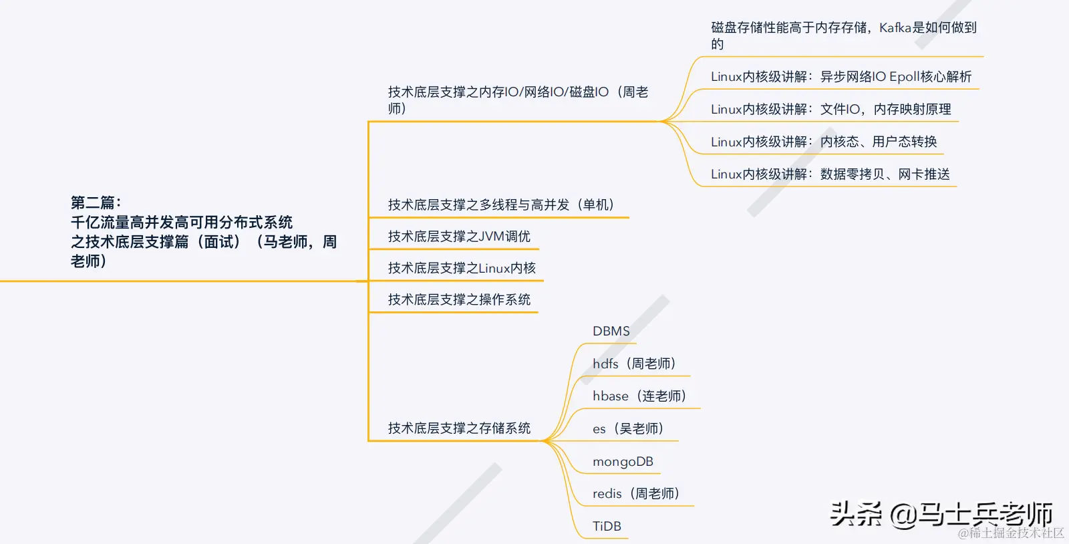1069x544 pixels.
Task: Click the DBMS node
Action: click(x=611, y=331)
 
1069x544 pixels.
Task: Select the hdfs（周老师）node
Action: click(x=634, y=364)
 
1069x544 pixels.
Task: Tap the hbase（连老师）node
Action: click(x=639, y=396)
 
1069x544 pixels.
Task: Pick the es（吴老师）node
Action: click(x=628, y=429)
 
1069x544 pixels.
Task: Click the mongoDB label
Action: click(x=623, y=462)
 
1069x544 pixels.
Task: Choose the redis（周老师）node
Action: click(x=635, y=494)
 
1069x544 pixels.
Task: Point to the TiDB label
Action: click(x=607, y=527)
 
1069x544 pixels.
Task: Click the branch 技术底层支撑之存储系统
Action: click(x=459, y=428)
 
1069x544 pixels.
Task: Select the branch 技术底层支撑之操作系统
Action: click(x=459, y=300)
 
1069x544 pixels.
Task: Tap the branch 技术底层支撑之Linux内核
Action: click(x=462, y=269)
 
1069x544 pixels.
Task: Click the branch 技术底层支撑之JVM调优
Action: click(x=459, y=237)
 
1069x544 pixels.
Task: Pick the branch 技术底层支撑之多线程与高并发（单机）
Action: click(x=501, y=205)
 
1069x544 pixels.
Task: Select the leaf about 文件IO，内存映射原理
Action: click(x=885, y=110)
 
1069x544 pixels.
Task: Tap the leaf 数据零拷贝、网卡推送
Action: click(x=885, y=174)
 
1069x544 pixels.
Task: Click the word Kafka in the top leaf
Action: click(x=895, y=28)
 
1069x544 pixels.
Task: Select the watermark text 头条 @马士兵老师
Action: click(x=941, y=514)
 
